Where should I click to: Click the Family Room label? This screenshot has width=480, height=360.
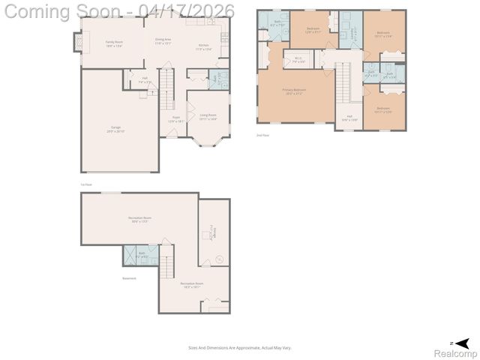pos(114,43)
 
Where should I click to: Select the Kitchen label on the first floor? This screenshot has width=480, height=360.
pos(204,47)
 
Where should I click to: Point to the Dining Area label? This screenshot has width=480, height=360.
pos(163,40)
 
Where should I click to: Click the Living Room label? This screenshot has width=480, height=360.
pos(208,117)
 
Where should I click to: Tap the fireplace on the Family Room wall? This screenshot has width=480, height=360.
pos(76,43)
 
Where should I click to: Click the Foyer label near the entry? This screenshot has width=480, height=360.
pos(176,118)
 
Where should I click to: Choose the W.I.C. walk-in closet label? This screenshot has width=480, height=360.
pos(298,59)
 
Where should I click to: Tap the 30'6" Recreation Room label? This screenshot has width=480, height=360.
pos(139,220)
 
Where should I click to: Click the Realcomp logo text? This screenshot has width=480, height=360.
pos(456,352)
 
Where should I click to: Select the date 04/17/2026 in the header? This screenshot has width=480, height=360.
pos(190,11)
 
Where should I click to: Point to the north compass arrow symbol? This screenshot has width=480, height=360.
pos(466,342)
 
